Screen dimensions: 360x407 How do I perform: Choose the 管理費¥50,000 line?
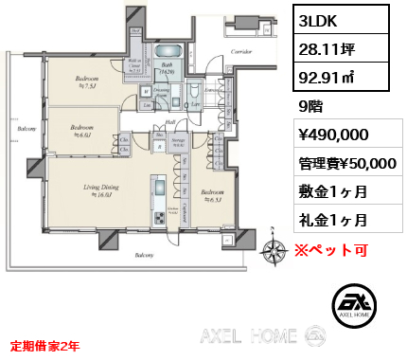pos(342,163)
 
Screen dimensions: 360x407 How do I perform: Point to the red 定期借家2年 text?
pos(44,346)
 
